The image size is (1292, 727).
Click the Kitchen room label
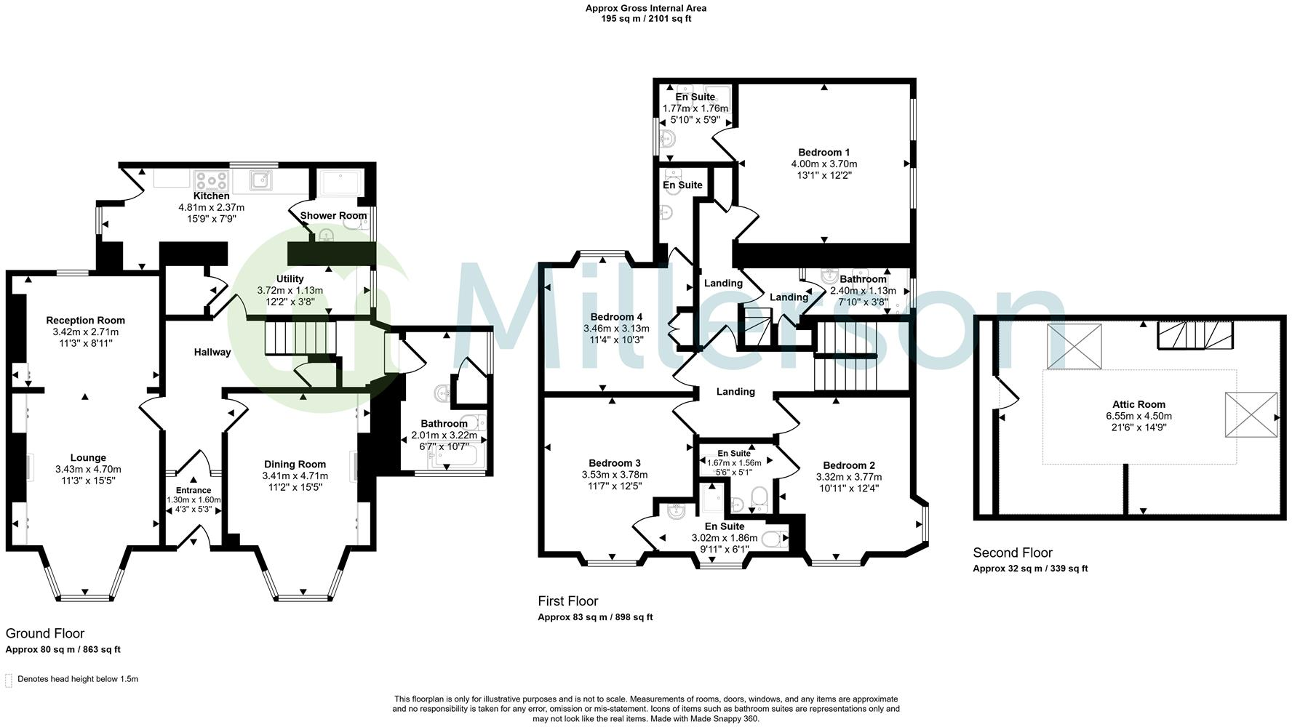[212, 196]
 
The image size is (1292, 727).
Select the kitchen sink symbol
[263, 178]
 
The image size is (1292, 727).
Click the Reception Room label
[86, 320]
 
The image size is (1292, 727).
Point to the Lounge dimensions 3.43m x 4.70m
[88, 470]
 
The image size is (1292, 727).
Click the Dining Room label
[295, 464]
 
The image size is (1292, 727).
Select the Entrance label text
[194, 491]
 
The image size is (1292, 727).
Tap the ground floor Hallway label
[212, 352]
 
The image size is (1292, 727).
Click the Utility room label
[290, 278]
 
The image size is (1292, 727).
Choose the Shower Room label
[333, 215]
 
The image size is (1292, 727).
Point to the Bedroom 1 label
[824, 152]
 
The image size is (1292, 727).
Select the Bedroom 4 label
[616, 317]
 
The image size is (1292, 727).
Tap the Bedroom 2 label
[849, 465]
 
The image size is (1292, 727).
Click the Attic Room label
[1139, 404]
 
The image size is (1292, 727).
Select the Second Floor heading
[1013, 553]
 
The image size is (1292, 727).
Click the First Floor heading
[568, 601]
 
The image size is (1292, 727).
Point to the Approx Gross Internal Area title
[646, 9]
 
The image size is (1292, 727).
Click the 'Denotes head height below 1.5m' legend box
[9, 680]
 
